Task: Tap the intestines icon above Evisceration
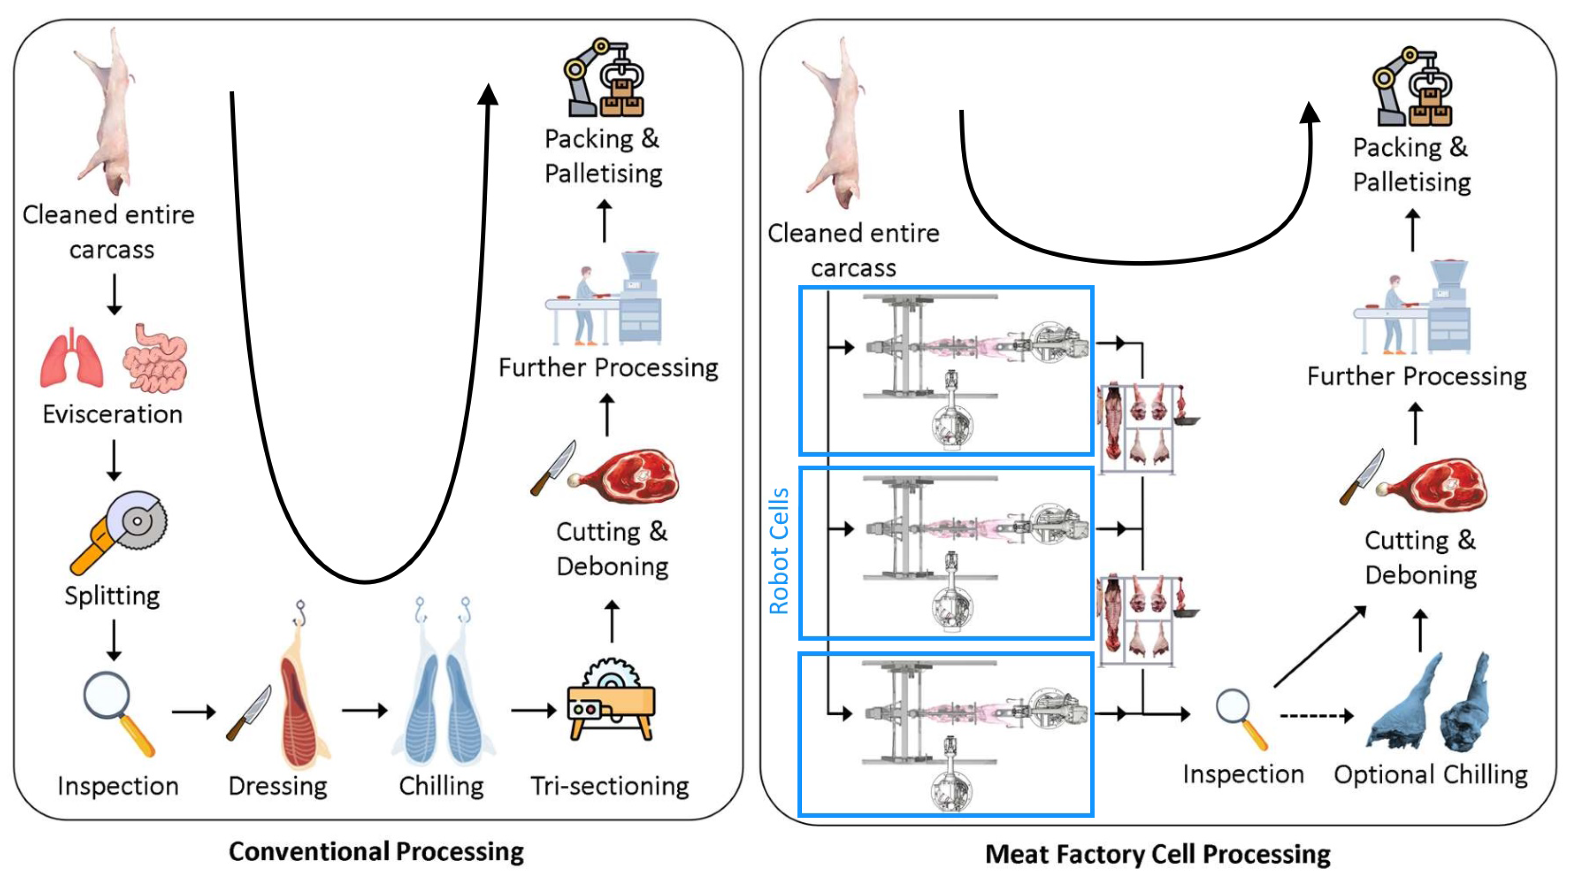tap(155, 358)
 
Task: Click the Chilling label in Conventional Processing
tap(441, 786)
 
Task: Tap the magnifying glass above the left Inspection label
tap(119, 714)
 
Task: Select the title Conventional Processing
tap(376, 852)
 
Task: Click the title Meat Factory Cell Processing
tap(1158, 854)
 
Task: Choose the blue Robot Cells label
tap(778, 551)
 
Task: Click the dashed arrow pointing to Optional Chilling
tap(1316, 715)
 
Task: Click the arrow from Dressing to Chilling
tap(365, 711)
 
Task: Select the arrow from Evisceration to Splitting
tap(114, 460)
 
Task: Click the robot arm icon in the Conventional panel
tap(604, 77)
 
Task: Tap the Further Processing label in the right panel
tap(1416, 376)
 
